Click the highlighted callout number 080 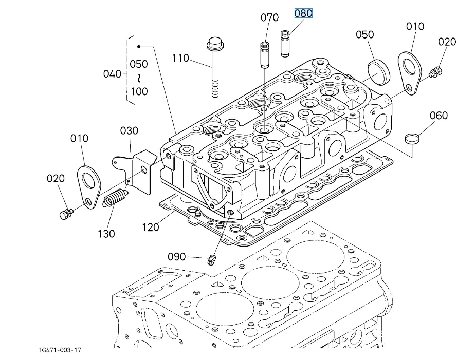[303, 13]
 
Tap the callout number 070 [269, 17]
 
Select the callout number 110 [180, 58]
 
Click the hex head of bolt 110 [215, 44]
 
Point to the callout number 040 [112, 74]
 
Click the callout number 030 [129, 130]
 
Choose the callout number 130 [106, 234]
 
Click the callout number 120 [151, 227]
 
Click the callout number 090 [177, 257]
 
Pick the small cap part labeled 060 [412, 139]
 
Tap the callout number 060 [439, 115]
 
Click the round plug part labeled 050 [379, 73]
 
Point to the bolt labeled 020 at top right [435, 72]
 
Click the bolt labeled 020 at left [66, 214]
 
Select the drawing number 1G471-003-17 [60, 350]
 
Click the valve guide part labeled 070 [265, 55]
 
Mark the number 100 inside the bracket [139, 91]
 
